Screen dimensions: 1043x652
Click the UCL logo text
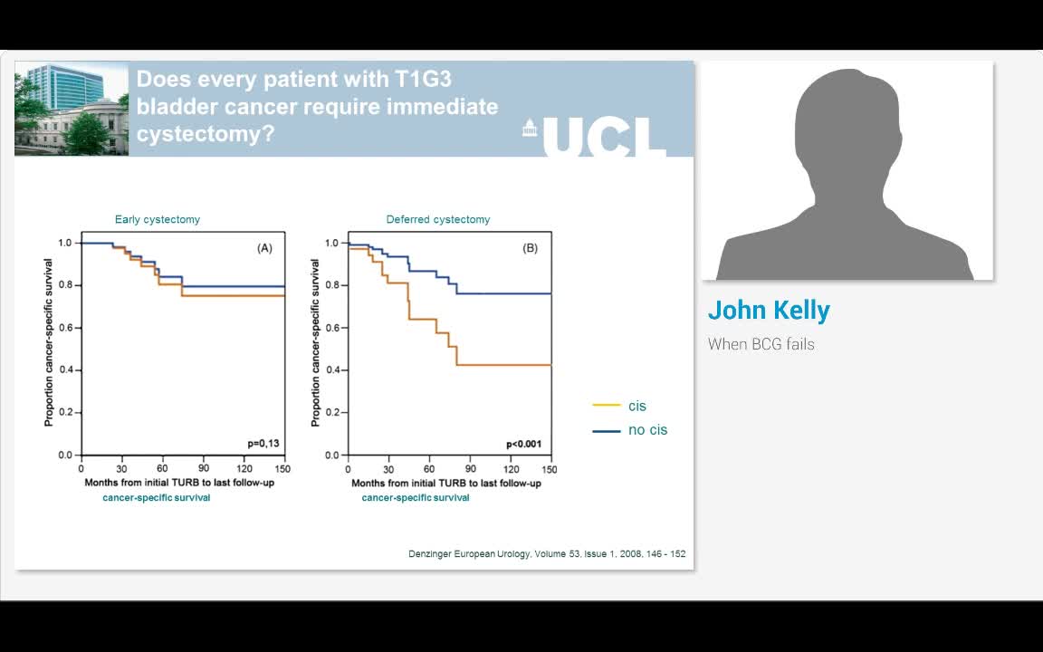coord(604,138)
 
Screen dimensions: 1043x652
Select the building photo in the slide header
coord(72,109)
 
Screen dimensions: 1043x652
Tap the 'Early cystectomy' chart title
coord(157,219)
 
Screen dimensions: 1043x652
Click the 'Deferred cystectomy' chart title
coord(438,219)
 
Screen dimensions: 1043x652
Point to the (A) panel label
coord(264,248)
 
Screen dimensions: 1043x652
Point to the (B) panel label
coord(531,248)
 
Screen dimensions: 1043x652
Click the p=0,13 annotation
coord(263,444)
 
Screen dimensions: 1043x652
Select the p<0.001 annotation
coord(524,444)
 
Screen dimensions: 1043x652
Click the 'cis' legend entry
coord(619,406)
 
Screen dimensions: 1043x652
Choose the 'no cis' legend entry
coord(630,430)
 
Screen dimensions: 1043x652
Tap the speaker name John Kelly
coord(769,310)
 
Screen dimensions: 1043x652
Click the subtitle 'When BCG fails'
coord(761,344)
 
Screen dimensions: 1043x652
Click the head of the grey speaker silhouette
coord(847,127)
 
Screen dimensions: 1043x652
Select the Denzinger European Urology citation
coord(547,553)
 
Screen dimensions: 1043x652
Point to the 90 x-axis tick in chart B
coord(470,469)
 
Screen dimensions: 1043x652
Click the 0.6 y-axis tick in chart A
coord(65,328)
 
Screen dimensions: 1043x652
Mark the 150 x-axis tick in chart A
coord(282,469)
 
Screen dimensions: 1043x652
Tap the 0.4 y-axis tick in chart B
coord(332,369)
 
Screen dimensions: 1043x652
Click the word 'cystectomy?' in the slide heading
coord(206,134)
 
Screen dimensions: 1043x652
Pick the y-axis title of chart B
coord(315,342)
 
